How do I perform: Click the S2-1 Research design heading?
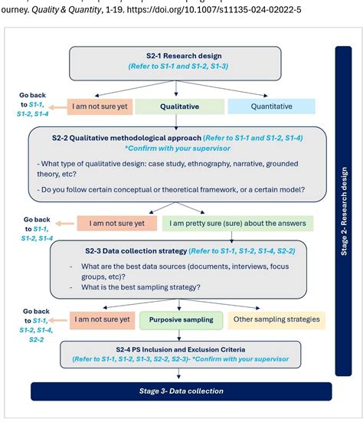pos(180,56)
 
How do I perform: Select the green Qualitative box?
pos(185,106)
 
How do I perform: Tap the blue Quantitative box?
pos(272,106)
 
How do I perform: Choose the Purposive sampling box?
pos(181,319)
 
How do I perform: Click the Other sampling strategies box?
pos(276,319)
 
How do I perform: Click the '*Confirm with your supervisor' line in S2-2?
pos(179,149)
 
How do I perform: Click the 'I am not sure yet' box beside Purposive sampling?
pos(101,319)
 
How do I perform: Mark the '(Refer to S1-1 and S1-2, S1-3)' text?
pos(180,67)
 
